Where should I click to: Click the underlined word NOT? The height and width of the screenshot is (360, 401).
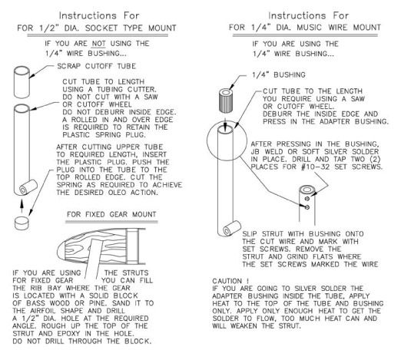[98, 44]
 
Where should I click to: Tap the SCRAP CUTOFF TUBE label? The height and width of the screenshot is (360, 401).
[97, 66]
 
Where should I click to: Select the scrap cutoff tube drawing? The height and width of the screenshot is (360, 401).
[22, 82]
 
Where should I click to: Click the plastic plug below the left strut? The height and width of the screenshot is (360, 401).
[22, 223]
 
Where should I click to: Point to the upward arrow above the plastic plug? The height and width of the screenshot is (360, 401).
[22, 206]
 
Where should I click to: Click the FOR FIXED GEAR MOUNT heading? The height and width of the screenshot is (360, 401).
[111, 214]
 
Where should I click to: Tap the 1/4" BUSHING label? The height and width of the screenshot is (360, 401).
[279, 74]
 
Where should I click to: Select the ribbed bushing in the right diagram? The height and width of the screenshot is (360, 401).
[226, 101]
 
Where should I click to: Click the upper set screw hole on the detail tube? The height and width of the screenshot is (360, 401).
[307, 199]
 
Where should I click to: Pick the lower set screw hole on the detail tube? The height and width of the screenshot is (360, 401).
[307, 207]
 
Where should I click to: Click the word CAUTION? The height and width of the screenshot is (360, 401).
[227, 281]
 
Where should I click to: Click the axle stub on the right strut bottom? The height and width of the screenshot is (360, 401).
[232, 228]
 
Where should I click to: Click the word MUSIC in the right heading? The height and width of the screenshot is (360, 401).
[309, 28]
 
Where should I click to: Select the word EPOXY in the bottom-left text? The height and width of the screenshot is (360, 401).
[70, 334]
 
